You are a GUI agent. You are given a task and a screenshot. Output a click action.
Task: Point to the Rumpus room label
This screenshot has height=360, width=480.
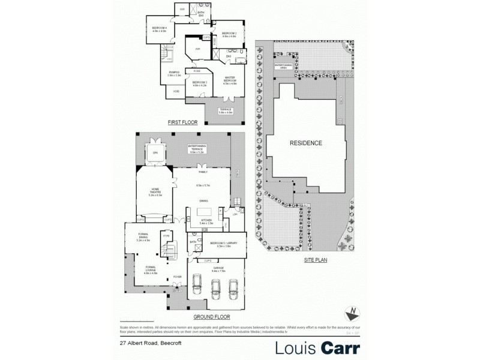click(x=174, y=73)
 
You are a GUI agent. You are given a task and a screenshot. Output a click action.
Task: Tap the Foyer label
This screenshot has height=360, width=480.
click(x=177, y=277)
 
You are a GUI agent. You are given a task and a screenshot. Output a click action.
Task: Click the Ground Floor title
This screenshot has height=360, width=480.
click(x=208, y=316)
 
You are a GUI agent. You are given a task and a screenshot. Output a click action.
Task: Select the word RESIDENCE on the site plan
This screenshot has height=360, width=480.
click(x=306, y=143)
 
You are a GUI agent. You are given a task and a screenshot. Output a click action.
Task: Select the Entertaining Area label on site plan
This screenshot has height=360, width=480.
click(x=283, y=65)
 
